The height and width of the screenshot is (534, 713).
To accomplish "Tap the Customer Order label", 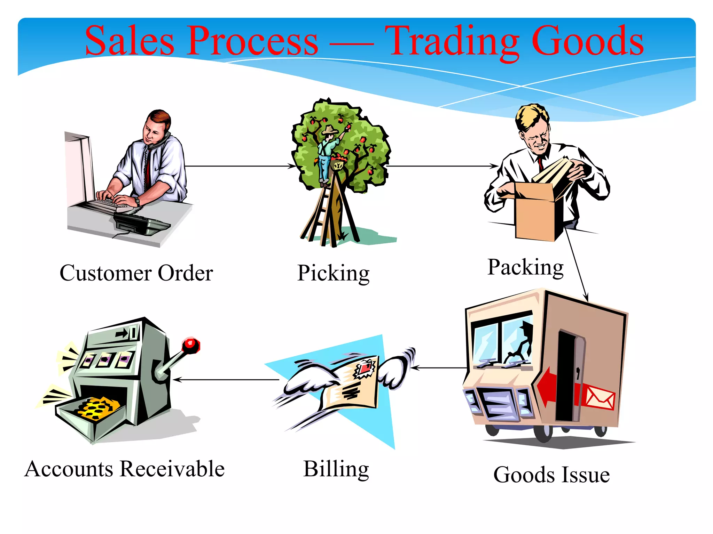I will tap(136, 273).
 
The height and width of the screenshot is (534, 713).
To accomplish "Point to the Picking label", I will tap(333, 273).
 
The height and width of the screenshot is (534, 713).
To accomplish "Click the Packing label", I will tap(525, 268).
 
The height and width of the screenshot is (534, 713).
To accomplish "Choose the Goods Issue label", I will tap(551, 475).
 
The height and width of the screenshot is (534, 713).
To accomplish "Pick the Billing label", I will tap(336, 469).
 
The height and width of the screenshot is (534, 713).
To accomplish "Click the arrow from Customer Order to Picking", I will tap(240, 166).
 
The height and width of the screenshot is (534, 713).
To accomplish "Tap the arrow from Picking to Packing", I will tap(442, 166).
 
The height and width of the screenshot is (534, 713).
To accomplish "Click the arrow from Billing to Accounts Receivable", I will tap(226, 380).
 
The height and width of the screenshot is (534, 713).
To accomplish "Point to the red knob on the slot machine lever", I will tap(190, 345).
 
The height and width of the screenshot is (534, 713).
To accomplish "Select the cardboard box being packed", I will tap(536, 212).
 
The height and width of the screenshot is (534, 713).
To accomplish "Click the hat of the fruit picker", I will tap(329, 130).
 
